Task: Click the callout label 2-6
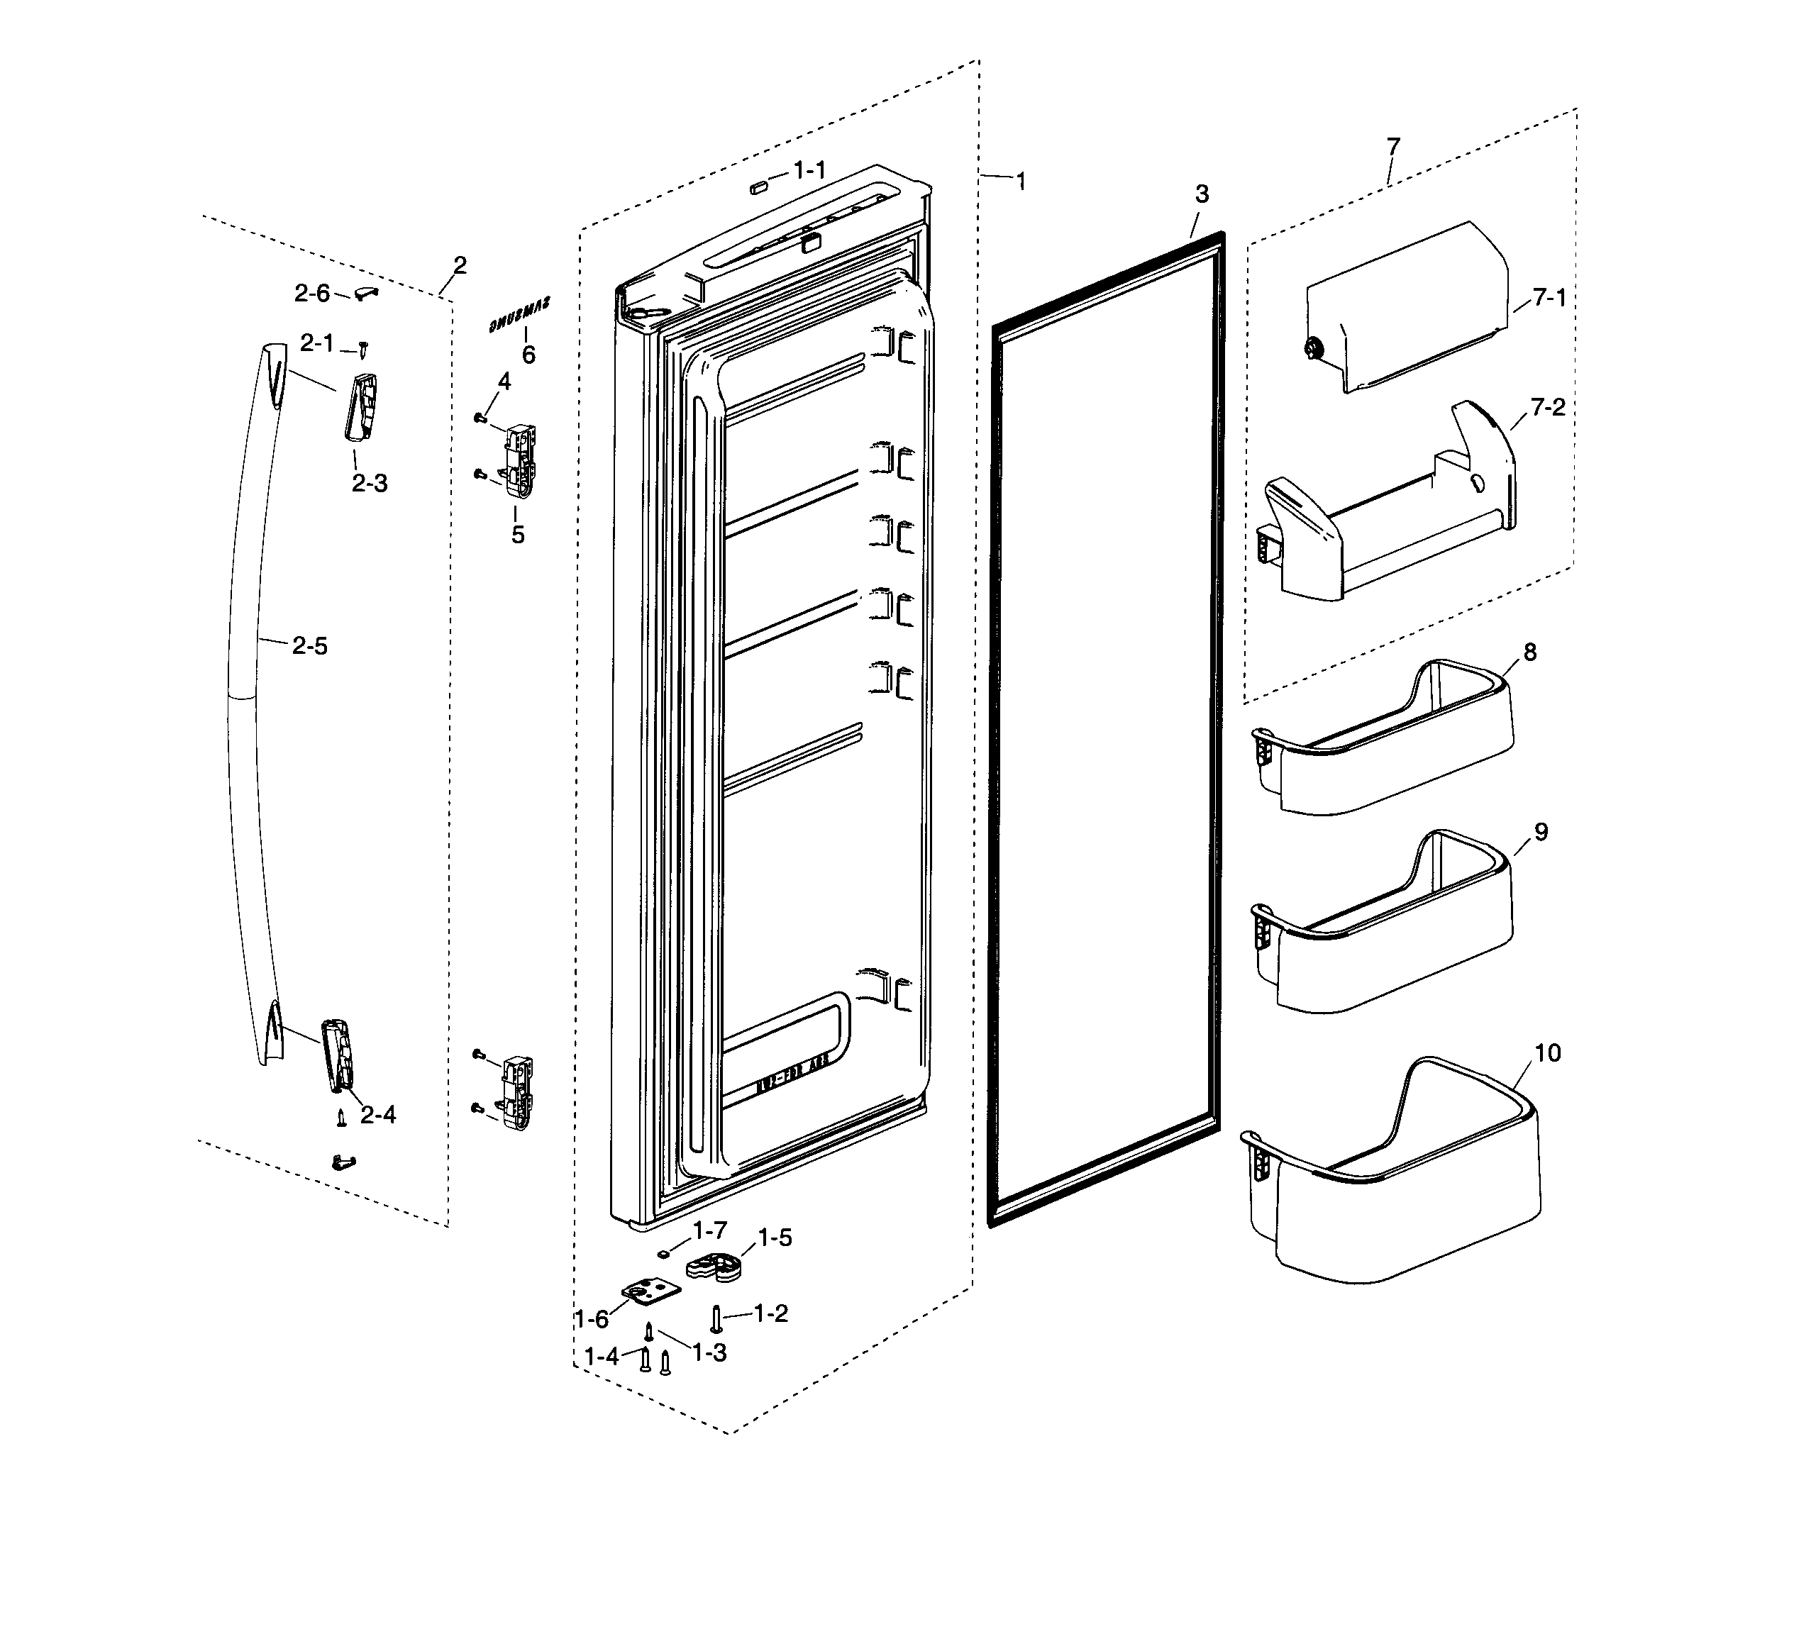311,293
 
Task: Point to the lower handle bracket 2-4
338,1055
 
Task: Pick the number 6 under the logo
528,356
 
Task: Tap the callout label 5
517,535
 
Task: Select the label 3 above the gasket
1202,194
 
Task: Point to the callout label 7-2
1548,408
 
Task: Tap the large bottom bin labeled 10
1392,1186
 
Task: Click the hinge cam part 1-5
715,1267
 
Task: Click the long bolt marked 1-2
716,1318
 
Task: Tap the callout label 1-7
709,1230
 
